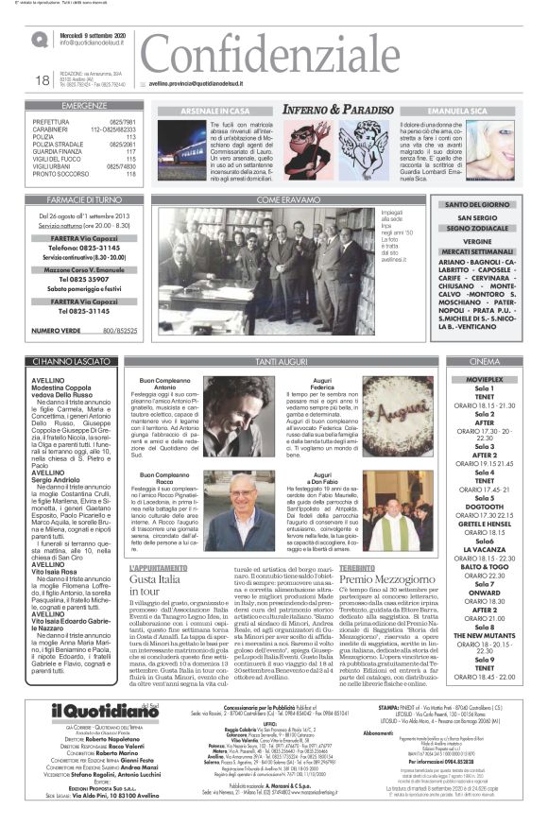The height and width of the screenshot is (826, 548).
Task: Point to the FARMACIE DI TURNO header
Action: point(84,199)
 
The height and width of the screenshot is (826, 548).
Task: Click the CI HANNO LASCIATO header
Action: point(84,361)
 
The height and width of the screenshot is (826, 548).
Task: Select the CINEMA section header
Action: point(484,361)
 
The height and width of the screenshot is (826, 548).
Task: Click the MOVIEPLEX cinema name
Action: point(484,376)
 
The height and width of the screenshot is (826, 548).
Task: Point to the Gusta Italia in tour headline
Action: point(155,583)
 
